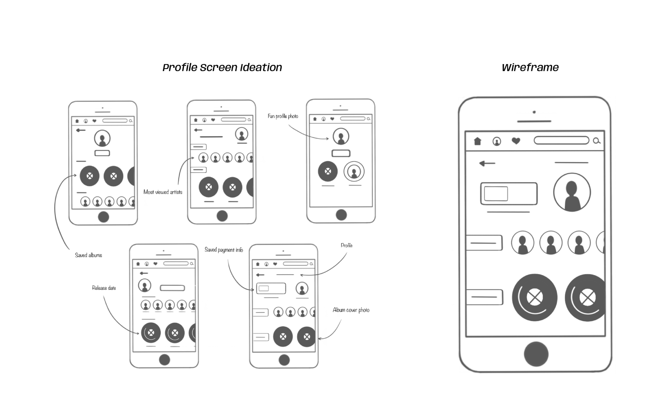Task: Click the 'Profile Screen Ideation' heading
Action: [x=222, y=67]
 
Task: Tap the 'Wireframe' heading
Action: [x=530, y=67]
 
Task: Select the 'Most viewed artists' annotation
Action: [x=163, y=192]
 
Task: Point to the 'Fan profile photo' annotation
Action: [x=283, y=116]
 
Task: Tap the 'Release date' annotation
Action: [x=104, y=288]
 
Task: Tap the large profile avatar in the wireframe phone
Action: [x=572, y=192]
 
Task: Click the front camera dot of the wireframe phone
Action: [x=534, y=112]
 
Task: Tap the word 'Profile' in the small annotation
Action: [x=346, y=245]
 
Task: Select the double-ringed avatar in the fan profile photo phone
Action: [x=354, y=171]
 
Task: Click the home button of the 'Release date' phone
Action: [x=164, y=360]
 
